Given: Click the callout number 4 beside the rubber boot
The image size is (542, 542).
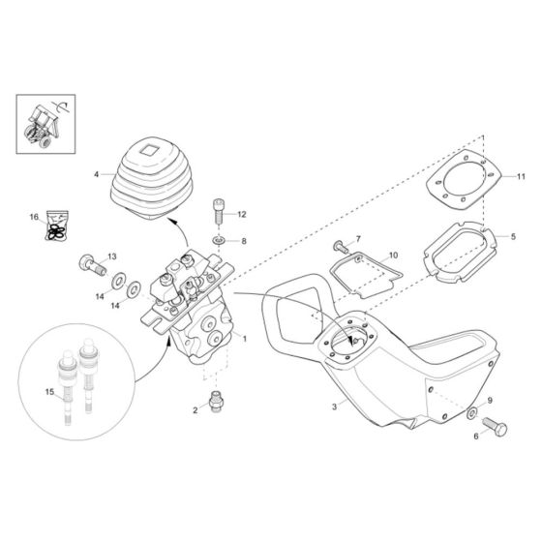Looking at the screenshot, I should [x=97, y=174].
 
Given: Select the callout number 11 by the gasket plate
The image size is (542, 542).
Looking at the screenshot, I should [x=520, y=176].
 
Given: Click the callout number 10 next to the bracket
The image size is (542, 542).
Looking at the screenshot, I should [x=392, y=256].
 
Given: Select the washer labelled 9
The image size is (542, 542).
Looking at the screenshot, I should [x=472, y=413].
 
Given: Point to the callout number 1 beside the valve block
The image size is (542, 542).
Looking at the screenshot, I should [x=246, y=339].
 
